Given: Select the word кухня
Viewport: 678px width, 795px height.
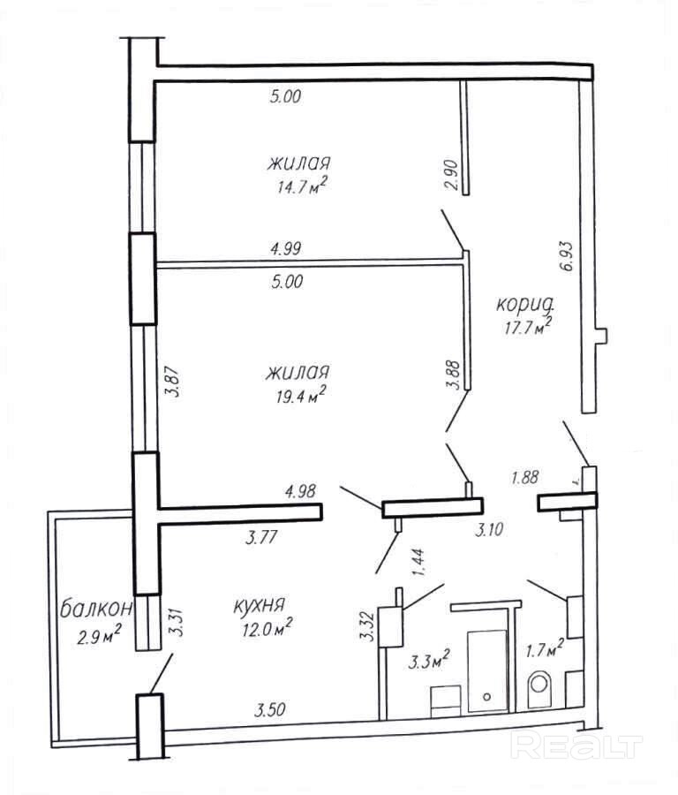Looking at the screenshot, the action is pos(258,605).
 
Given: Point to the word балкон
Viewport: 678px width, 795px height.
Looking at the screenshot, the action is pos(96,608).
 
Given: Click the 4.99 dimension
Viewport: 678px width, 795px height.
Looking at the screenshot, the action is pos(287,249).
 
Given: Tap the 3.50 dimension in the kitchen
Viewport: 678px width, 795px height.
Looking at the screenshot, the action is pos(271,708).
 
